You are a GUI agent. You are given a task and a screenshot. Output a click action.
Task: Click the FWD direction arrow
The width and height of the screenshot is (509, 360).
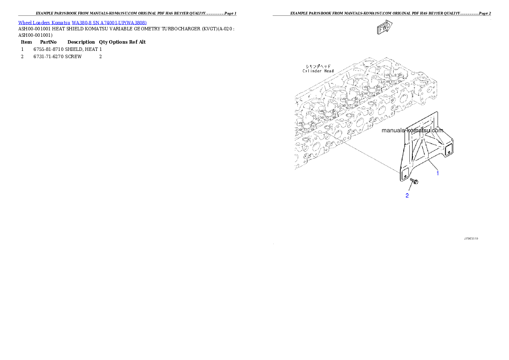pos(384,28)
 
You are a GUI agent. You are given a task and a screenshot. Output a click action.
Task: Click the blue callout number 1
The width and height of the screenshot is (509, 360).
pos(438,173)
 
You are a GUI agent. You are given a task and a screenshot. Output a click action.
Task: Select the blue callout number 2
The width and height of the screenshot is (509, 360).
pos(407,196)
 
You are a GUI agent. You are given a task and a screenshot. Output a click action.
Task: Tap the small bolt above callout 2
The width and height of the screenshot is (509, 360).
pos(414,182)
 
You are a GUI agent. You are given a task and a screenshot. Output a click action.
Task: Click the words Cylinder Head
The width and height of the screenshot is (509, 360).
pos(318,71)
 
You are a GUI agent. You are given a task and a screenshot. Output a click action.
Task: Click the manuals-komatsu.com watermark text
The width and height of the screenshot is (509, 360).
pos(412,131)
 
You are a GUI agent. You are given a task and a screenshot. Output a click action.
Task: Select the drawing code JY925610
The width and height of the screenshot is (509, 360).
pos(471,238)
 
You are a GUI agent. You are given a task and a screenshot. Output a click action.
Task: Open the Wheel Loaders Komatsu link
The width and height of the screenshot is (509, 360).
pos(44,23)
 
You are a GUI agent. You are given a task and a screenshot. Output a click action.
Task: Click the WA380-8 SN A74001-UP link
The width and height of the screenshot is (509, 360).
pos(109,23)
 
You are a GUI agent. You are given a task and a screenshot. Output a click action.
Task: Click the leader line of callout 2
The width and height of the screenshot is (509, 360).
pos(410,189)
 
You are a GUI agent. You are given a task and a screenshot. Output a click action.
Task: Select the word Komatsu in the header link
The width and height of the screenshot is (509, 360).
pos(61,23)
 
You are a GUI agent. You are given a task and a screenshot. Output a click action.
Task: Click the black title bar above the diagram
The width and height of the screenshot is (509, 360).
pos(382,15)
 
